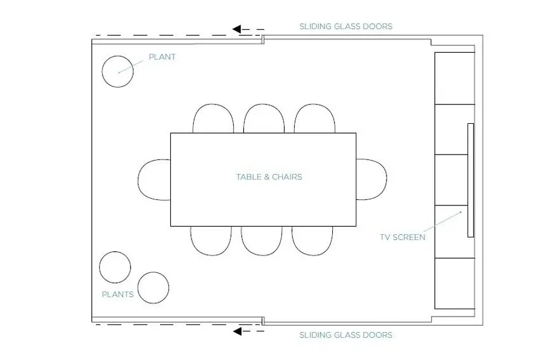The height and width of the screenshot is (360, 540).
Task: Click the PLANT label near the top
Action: point(162,57)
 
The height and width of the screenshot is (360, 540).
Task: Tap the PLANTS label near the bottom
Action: point(117,294)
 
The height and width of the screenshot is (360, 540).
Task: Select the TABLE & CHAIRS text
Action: point(269,177)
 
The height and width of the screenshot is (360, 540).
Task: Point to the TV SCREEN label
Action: point(403,237)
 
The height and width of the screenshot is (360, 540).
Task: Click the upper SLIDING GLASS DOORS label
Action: point(346,27)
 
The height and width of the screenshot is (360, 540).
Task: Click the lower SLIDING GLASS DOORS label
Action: point(346,335)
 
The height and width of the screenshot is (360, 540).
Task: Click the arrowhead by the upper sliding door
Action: point(237,29)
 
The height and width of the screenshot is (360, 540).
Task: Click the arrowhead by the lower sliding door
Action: point(237,332)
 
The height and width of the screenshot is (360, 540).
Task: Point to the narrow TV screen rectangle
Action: point(471,180)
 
